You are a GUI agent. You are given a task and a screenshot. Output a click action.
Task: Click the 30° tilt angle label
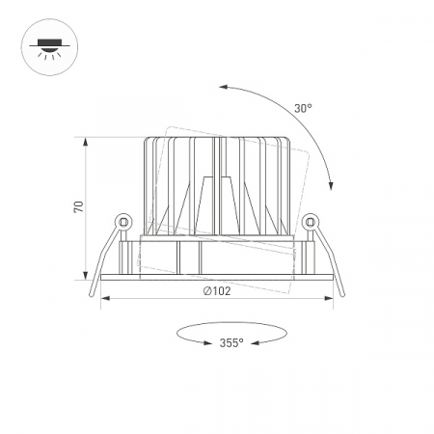tap(303, 109)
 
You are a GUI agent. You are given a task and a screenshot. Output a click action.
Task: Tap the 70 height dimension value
tap(79, 206)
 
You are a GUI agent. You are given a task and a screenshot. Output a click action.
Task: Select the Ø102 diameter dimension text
tap(217, 291)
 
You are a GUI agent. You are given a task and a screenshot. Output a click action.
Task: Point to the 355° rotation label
tap(231, 343)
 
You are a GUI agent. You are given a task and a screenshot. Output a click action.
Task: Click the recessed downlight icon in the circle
tap(49, 47)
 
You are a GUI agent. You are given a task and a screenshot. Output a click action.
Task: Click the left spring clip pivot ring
tap(123, 222)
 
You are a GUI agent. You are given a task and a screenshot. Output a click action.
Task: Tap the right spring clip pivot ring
tap(311, 222)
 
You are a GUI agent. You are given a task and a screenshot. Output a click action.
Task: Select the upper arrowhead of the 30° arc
tap(224, 87)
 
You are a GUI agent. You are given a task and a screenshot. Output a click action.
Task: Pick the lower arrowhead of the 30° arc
tap(331, 186)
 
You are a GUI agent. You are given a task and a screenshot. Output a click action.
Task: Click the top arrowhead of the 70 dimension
tap(86, 142)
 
